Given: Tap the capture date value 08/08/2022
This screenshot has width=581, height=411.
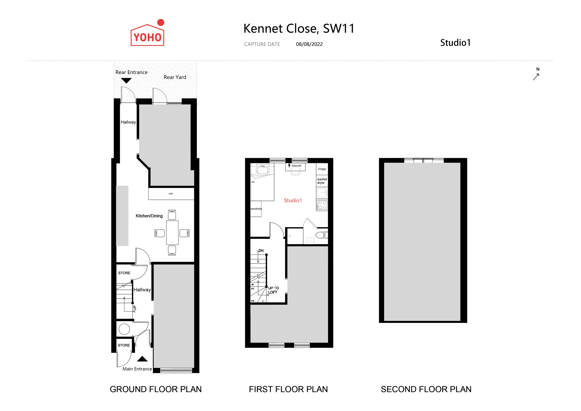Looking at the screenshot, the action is pyautogui.click(x=309, y=44).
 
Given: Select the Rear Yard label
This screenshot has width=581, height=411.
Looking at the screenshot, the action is pyautogui.click(x=175, y=77).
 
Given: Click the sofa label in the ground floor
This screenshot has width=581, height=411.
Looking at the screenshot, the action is pyautogui.click(x=171, y=194).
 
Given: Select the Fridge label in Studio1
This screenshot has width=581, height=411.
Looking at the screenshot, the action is pyautogui.click(x=322, y=169).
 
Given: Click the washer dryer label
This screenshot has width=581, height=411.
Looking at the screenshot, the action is pyautogui.click(x=322, y=181).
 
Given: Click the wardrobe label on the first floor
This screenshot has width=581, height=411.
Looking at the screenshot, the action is pyautogui.click(x=256, y=209).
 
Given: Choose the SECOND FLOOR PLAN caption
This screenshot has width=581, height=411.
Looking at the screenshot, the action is pyautogui.click(x=426, y=389).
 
